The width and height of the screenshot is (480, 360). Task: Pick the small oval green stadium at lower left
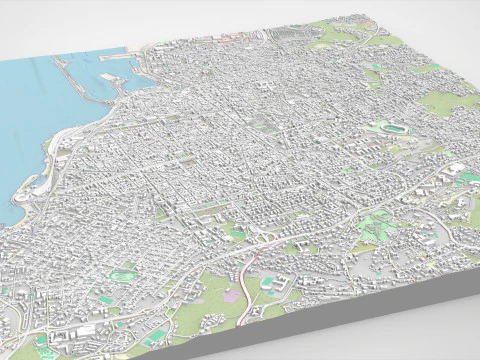125,270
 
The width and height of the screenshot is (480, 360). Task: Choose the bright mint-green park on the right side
375,225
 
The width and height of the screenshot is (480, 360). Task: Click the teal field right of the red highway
269,284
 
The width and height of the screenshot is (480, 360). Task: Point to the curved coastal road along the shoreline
50,160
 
